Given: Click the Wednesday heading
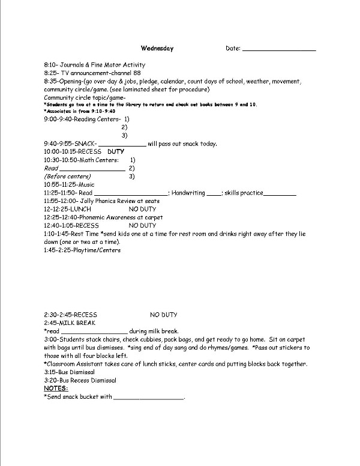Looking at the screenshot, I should [157, 48].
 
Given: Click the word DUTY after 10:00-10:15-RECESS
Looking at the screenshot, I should [116, 152].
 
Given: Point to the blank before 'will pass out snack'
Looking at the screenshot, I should [121, 144].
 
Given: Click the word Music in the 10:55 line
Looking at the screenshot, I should [86, 185].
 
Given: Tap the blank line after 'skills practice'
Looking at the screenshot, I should [280, 193].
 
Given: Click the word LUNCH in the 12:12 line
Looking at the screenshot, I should [81, 209].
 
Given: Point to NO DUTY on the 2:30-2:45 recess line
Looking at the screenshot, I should [163, 314].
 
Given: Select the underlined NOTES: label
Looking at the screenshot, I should [56, 388].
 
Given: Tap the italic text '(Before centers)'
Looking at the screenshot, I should [67, 177].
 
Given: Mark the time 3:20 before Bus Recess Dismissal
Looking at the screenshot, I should [50, 380].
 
